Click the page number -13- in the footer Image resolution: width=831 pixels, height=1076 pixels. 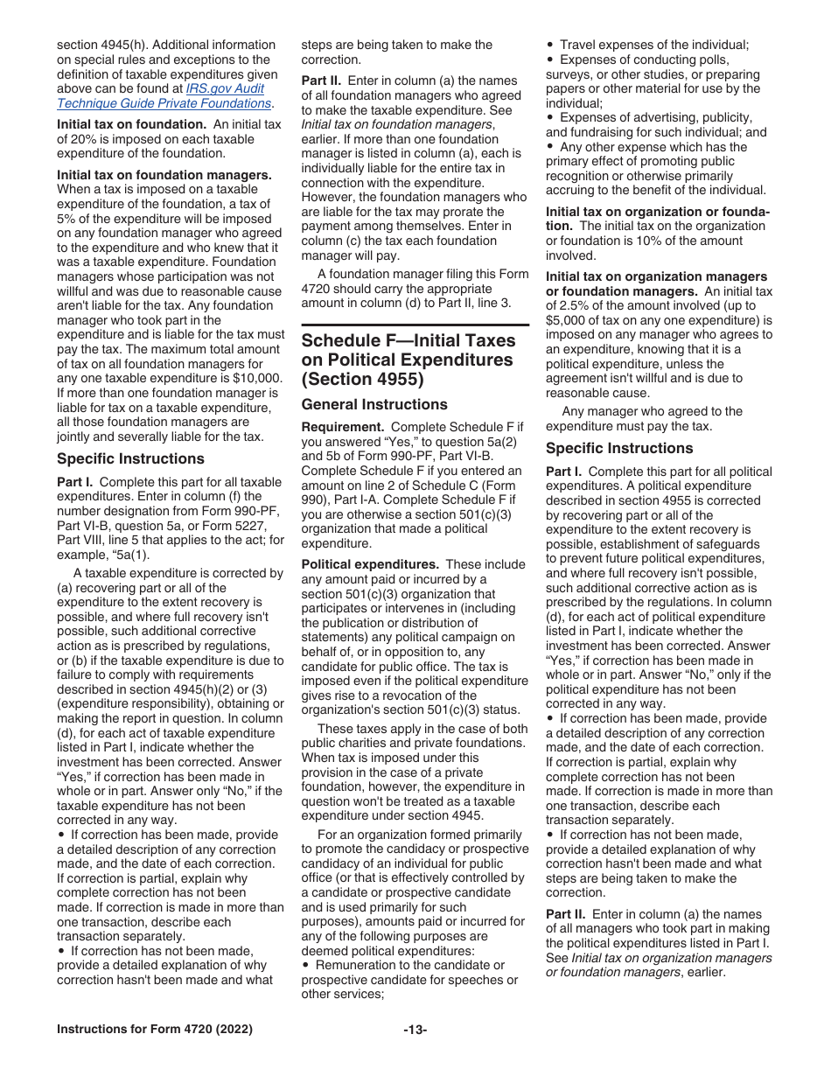click(415, 1030)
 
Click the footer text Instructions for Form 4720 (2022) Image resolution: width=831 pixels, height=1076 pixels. click(154, 1030)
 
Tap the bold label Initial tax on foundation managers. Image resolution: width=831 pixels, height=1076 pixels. click(164, 174)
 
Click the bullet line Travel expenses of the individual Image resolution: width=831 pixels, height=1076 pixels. click(653, 45)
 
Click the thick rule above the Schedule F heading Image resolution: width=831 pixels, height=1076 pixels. click(415, 325)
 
